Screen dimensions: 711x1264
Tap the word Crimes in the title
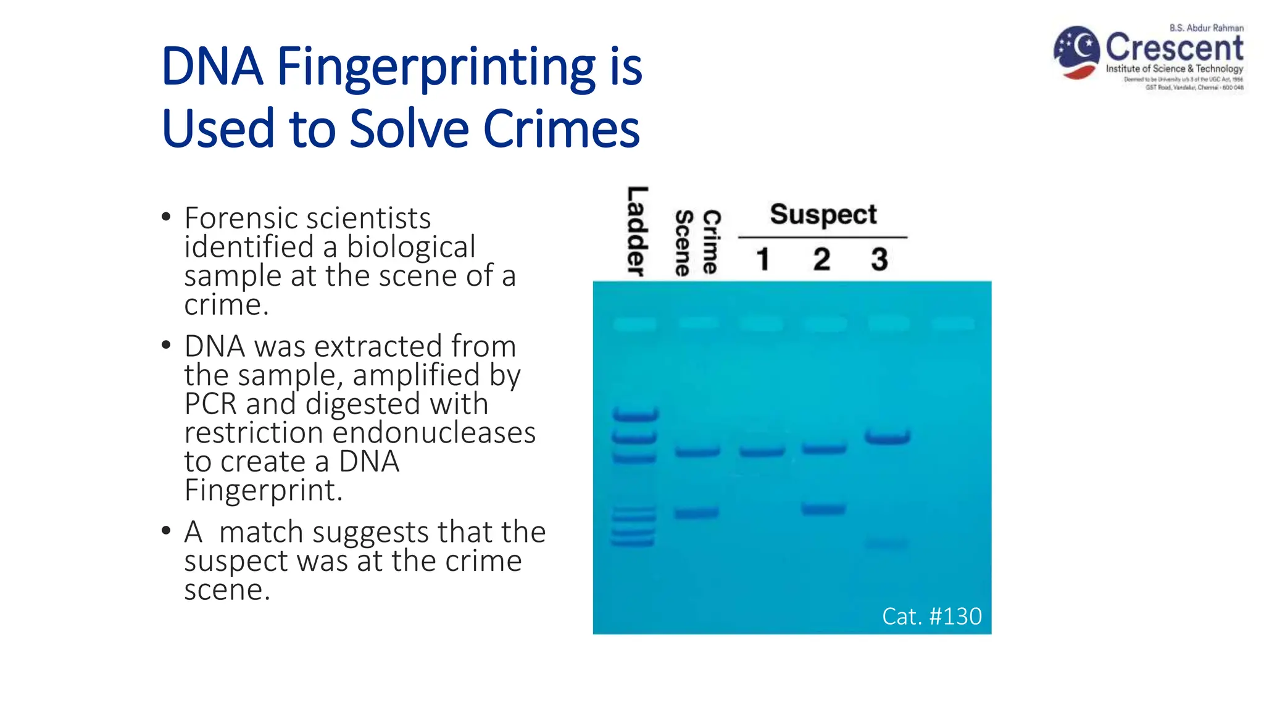point(561,129)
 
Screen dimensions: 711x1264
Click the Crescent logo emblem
point(1076,52)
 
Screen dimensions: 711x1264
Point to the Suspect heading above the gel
point(823,215)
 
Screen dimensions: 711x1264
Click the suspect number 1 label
point(763,259)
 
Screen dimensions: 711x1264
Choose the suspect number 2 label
point(821,259)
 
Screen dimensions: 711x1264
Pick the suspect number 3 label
point(879,259)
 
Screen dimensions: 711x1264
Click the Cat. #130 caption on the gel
point(931,616)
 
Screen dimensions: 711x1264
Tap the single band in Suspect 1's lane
point(762,452)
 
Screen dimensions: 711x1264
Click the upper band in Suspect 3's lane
point(887,438)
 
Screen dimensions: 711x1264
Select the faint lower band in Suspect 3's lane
point(887,543)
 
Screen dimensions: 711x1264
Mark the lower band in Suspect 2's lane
point(823,509)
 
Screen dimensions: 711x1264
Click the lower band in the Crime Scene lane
point(696,513)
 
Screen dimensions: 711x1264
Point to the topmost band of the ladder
point(635,415)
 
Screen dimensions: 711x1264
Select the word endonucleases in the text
point(434,433)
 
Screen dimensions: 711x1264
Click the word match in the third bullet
point(262,532)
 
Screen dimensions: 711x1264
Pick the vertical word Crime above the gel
point(711,241)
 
